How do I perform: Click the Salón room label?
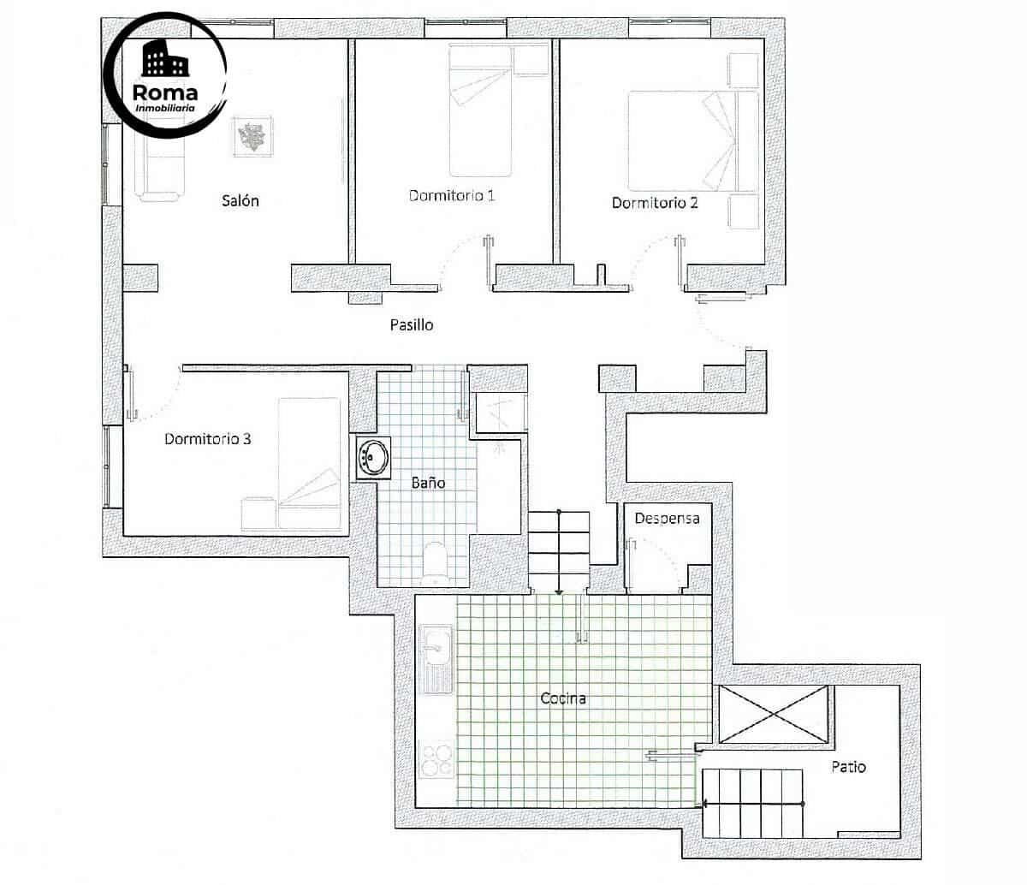click(240, 201)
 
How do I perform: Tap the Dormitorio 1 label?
click(452, 196)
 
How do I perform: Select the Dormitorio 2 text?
click(655, 203)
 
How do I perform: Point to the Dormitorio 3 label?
click(207, 439)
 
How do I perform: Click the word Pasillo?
click(412, 324)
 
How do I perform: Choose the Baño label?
click(428, 483)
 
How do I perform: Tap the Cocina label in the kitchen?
click(563, 698)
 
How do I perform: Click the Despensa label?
click(667, 518)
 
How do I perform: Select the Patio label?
click(848, 767)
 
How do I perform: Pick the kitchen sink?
click(436, 657)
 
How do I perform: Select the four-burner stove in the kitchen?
click(436, 758)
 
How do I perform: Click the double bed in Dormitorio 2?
click(693, 141)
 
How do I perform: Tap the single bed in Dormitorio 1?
click(481, 111)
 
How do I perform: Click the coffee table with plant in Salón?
click(252, 137)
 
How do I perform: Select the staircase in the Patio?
click(753, 803)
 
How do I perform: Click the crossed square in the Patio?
click(774, 715)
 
